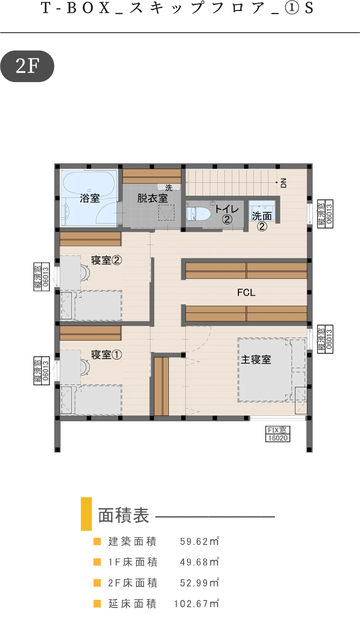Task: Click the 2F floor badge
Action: (x=27, y=66)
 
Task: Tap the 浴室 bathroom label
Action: (x=90, y=198)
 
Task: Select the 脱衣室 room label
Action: (x=152, y=198)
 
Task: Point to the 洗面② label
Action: (x=262, y=221)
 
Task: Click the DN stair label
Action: (x=283, y=183)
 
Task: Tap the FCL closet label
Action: (x=246, y=292)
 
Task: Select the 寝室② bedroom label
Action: (x=106, y=260)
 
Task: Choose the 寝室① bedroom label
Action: (x=106, y=355)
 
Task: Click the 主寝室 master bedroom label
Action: (x=256, y=360)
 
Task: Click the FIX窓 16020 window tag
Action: (x=278, y=434)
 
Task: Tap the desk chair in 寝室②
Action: (x=85, y=273)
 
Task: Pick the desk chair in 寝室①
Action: (x=85, y=367)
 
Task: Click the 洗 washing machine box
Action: (x=168, y=187)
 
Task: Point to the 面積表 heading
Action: (x=124, y=515)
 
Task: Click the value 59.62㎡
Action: (x=199, y=541)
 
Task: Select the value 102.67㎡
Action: (x=197, y=603)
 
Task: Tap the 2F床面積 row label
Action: (x=133, y=583)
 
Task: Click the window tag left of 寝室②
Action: (x=41, y=277)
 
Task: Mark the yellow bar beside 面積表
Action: (x=86, y=514)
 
